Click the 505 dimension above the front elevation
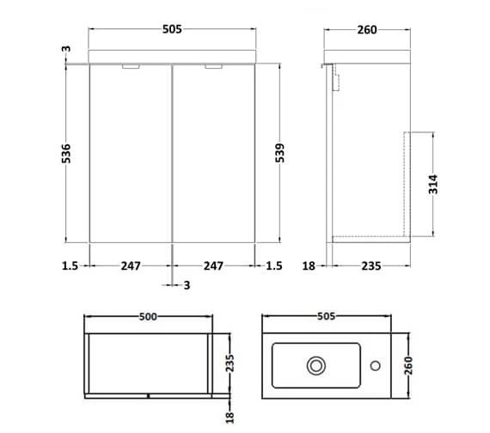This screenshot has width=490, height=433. (x=172, y=30)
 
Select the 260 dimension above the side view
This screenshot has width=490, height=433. (x=367, y=30)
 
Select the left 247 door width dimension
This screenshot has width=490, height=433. (x=131, y=266)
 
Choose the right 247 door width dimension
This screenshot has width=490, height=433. (x=212, y=266)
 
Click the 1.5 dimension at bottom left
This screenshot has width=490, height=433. (x=70, y=266)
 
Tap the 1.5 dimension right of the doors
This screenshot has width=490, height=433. (x=273, y=266)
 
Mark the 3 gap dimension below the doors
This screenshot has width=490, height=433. (x=187, y=285)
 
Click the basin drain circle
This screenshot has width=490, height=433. (x=316, y=367)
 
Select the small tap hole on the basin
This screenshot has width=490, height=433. (x=375, y=367)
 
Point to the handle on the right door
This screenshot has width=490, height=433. (x=214, y=67)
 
